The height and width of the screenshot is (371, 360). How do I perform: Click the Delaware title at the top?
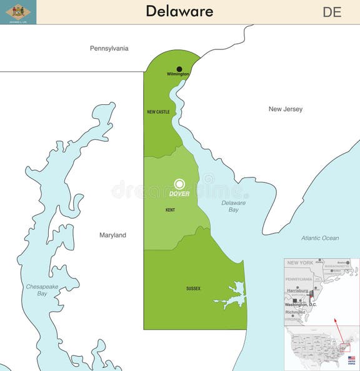click(179, 11)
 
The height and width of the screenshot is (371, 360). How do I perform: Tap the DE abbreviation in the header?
click(332, 12)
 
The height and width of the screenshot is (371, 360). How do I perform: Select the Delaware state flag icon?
click(18, 12)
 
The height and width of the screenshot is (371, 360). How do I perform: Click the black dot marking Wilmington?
click(179, 69)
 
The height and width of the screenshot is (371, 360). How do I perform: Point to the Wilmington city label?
click(177, 74)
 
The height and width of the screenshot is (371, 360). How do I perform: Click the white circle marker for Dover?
click(179, 184)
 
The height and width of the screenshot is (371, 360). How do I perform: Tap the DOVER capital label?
click(179, 194)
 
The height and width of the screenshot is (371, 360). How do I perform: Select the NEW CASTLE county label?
click(158, 112)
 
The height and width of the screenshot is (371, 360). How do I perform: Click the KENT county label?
click(170, 210)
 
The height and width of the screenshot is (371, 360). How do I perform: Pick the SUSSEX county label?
click(193, 289)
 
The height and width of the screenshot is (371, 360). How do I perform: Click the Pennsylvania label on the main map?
click(109, 48)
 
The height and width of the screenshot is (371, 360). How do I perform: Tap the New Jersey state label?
click(285, 109)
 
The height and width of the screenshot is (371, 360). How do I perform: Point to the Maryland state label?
click(112, 235)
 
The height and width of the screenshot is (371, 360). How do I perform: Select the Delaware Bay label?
click(233, 206)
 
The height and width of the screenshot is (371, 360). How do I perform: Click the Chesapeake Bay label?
click(42, 290)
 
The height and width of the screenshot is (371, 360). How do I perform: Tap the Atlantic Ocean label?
click(319, 238)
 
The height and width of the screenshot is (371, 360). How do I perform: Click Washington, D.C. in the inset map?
click(301, 304)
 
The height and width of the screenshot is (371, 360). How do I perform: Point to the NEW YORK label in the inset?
click(301, 263)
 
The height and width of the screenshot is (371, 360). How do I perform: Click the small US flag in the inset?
click(351, 359)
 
